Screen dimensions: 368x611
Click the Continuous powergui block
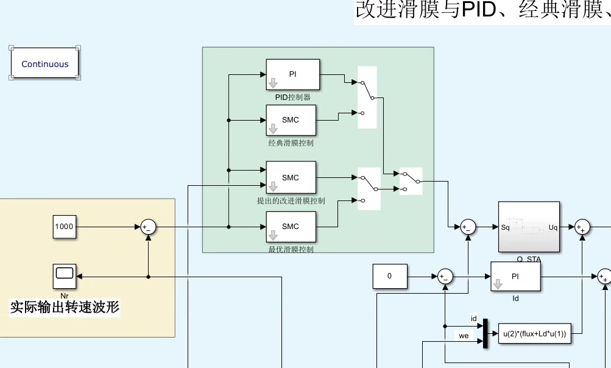tap(44, 63)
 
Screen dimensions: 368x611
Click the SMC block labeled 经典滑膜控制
tap(291, 120)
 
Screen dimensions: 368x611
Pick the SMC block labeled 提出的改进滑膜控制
tap(291, 177)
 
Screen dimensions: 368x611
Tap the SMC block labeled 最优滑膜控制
tap(291, 227)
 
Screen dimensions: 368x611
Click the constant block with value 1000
tap(64, 227)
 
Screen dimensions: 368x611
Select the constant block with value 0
tap(389, 276)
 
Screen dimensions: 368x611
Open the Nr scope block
tap(64, 276)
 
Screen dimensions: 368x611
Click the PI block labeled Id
tap(515, 276)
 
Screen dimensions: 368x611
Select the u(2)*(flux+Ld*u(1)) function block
tap(535, 333)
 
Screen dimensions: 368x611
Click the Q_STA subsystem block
tap(529, 227)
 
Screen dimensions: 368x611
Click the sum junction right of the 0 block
tap(445, 276)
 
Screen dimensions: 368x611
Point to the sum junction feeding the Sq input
tap(467, 227)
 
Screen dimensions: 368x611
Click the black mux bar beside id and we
tap(486, 333)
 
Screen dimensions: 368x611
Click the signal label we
tap(464, 336)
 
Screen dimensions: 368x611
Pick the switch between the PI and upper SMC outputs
tap(367, 97)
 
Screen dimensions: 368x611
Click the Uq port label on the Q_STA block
tap(553, 227)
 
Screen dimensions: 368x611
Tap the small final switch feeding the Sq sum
tap(411, 181)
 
